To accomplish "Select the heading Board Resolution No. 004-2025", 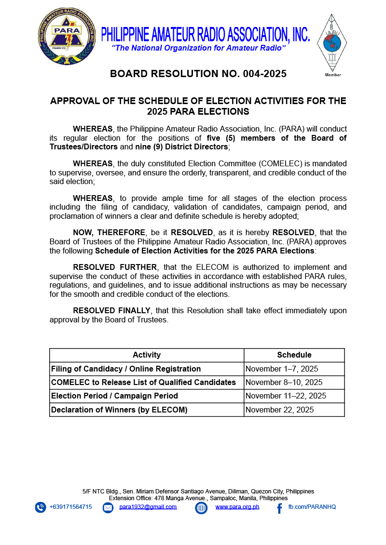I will pos(198,74).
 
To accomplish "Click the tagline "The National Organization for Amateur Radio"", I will pos(199,48).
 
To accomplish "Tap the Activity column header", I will pos(147,355).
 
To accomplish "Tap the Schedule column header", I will pos(294,355).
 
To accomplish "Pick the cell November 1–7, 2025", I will pos(282,369).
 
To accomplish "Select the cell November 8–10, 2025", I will pos(284,383).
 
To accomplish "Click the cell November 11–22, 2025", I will pos(286,396).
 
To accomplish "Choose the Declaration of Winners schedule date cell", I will pos(279,410).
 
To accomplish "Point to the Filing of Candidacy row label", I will pos(126,369).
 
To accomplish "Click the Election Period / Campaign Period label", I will pos(114,396).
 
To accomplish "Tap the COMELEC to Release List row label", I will pos(143,383).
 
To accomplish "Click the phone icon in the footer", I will pos(41,507).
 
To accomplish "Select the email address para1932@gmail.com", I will pos(148,507).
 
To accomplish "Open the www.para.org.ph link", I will pos(237,507).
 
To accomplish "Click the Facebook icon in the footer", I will pos(279,508).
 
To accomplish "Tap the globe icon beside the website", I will pos(201,508).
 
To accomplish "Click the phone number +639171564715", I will pos(70,507).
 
